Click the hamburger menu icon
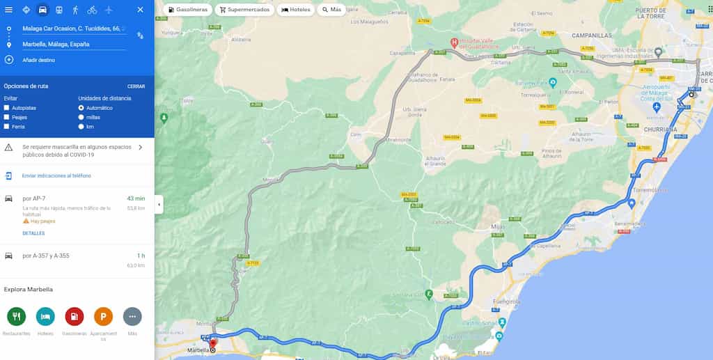8,10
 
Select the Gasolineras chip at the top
188,10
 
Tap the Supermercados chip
243,10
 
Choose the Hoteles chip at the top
295,10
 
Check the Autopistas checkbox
7,108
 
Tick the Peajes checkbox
7,117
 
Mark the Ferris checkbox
7,127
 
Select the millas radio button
81,117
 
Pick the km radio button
81,127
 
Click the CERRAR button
136,86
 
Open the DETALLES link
33,233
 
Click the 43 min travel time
135,198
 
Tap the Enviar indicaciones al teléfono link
56,175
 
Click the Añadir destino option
38,60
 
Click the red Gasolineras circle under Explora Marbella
75,317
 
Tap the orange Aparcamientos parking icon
103,317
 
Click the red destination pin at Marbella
213,343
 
